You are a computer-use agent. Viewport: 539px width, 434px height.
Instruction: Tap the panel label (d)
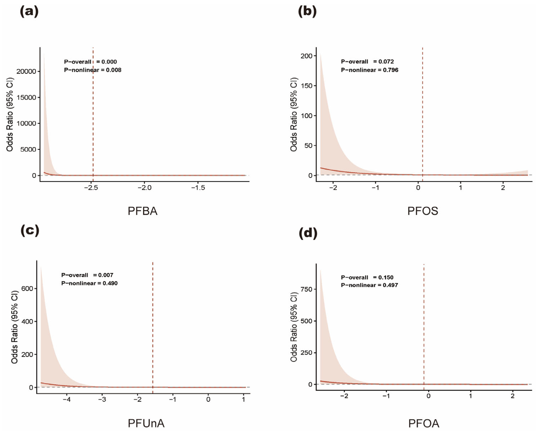(308, 233)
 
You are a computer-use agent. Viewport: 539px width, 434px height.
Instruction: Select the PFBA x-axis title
(142, 211)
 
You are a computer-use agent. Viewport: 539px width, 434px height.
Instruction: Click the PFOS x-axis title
(423, 211)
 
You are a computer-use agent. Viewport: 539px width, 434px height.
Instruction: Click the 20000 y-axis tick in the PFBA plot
(26, 71)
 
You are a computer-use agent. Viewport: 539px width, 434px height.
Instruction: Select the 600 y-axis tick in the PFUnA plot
(27, 288)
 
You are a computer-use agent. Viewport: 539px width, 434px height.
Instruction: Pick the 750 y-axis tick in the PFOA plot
(307, 289)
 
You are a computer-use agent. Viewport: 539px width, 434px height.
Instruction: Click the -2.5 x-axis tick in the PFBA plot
(91, 188)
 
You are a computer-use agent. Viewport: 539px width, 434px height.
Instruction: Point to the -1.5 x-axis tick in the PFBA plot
(198, 188)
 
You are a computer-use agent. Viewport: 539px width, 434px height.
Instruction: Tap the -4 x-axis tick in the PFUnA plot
(67, 399)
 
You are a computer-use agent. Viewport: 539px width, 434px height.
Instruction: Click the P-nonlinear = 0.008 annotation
(93, 70)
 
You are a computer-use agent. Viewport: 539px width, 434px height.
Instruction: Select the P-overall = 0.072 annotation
(367, 61)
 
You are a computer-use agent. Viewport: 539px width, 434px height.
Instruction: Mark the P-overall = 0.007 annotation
(87, 275)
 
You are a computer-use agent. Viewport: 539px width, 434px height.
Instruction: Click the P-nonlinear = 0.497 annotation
(369, 285)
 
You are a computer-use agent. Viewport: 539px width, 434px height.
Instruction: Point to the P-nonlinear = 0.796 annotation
(369, 70)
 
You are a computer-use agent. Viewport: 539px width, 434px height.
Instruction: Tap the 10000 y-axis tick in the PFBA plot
(26, 124)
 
